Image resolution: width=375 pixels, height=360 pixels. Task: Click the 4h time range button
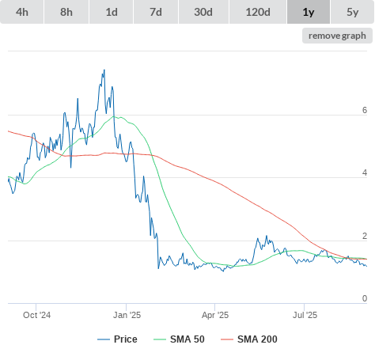point(22,12)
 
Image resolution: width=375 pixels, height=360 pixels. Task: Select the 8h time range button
point(66,12)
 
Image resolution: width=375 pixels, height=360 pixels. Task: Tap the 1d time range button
point(112,12)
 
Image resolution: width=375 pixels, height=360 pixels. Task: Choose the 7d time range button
point(156,12)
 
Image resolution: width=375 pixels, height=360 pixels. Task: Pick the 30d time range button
point(203,12)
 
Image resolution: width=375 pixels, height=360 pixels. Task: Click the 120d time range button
point(258,12)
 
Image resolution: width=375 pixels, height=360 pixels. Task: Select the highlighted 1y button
point(309,12)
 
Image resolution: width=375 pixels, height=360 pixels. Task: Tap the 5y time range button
point(353,12)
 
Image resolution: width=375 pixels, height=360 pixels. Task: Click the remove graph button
point(337,36)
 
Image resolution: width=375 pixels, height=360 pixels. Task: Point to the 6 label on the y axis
point(365,110)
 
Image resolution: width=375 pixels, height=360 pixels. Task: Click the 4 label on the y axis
point(365,172)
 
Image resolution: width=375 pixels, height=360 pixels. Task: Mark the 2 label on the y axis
point(365,236)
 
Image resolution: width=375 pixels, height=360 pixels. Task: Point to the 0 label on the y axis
point(365,298)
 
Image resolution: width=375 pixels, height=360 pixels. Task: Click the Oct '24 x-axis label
point(36,315)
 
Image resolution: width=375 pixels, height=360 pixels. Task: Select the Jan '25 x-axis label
point(127,315)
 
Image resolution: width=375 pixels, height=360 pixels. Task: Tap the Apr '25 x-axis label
point(215,315)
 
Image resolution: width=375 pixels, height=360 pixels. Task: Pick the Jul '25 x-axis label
point(305,315)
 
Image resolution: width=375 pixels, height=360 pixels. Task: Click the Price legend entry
point(117,339)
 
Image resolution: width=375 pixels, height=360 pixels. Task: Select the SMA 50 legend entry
point(179,339)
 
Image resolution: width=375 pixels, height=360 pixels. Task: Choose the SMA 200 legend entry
point(249,339)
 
